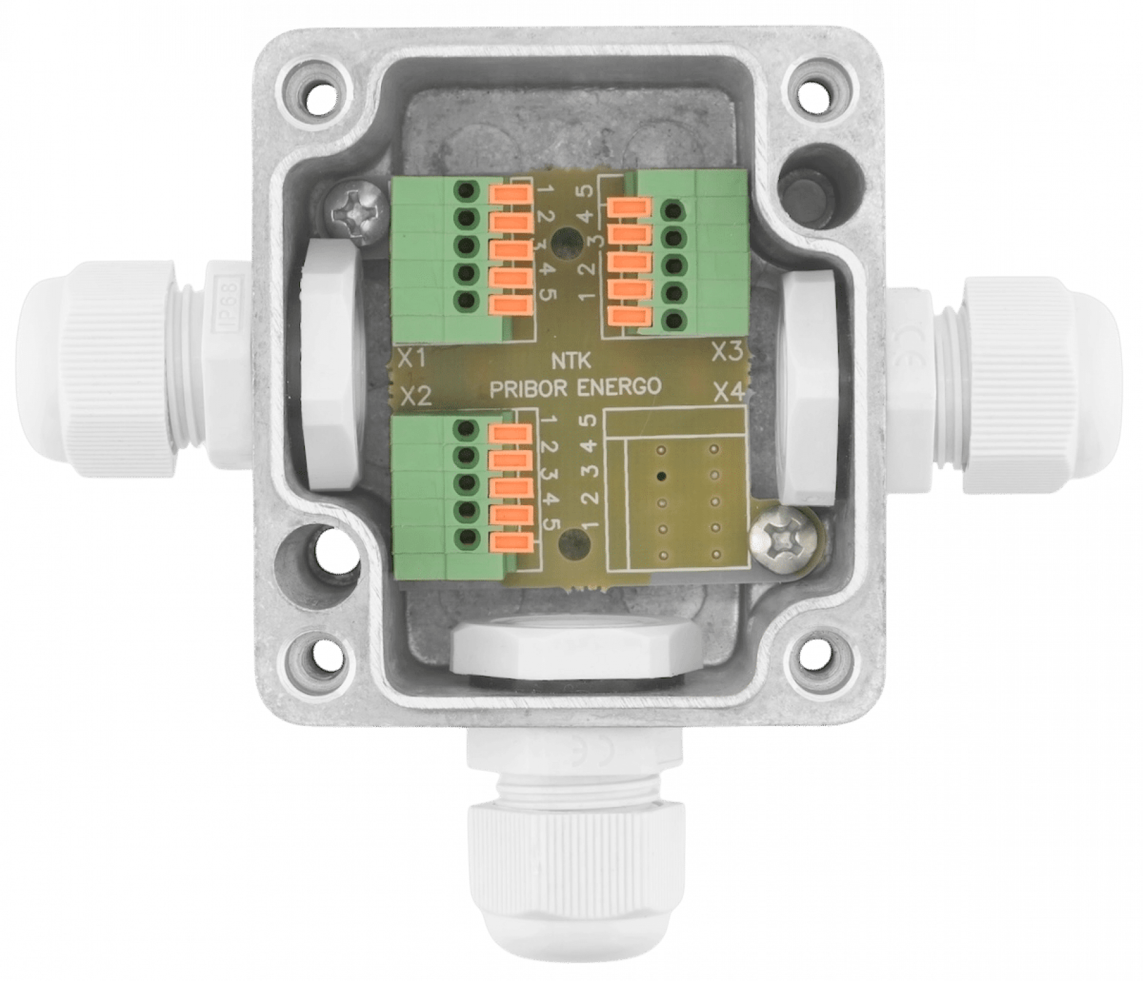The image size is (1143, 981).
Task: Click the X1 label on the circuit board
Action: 412,358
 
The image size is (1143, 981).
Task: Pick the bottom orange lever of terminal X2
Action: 510,541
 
